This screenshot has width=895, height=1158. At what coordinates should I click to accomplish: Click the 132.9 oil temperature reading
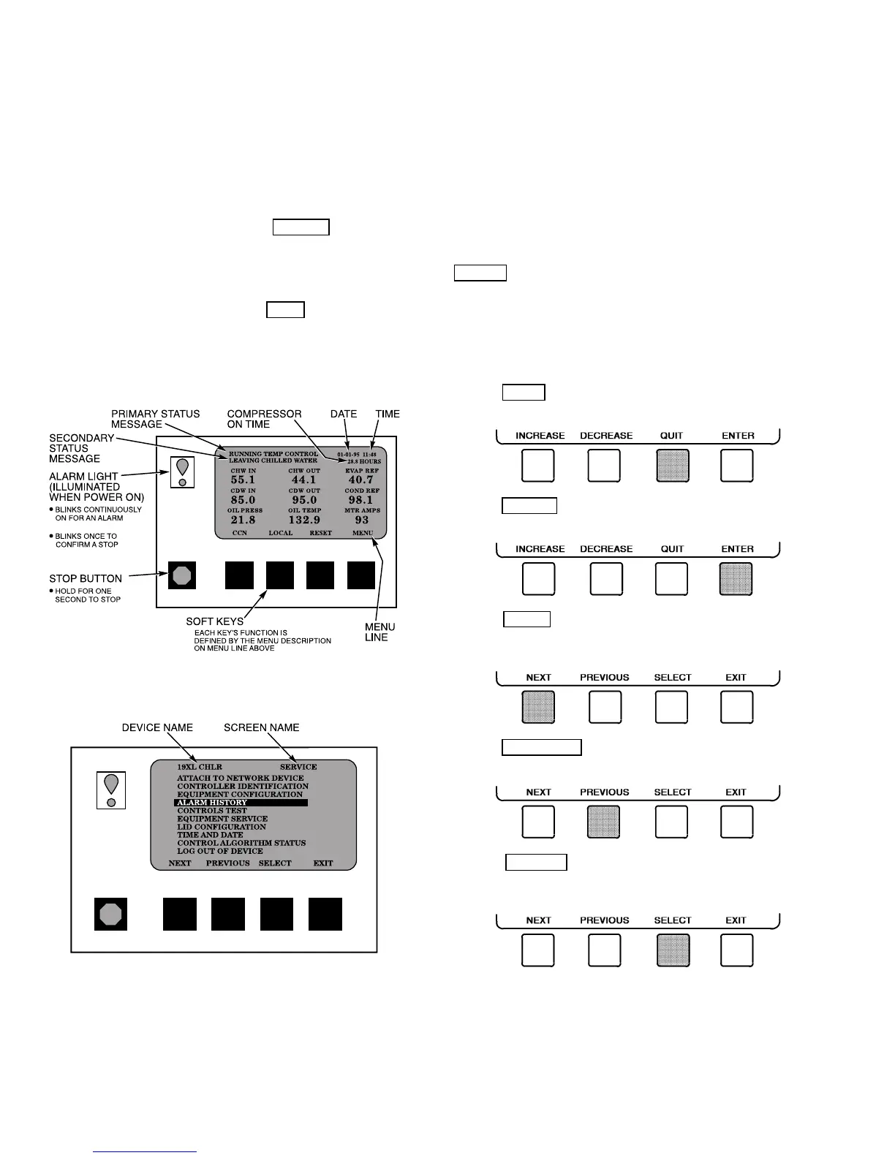304,520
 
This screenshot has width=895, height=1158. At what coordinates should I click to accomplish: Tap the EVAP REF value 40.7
361,480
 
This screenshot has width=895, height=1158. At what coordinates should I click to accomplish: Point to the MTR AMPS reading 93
362,520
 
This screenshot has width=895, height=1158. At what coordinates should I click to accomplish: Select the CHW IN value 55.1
243,480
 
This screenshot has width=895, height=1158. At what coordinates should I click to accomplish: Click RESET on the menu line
320,533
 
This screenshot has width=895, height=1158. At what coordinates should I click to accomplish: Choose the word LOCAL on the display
280,533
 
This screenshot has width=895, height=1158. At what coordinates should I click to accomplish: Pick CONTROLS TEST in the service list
212,811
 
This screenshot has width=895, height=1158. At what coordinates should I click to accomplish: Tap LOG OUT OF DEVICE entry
219,851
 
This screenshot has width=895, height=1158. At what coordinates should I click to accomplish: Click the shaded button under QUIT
673,466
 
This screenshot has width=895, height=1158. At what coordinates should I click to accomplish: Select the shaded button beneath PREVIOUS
604,822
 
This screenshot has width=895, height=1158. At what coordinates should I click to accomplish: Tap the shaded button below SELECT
673,950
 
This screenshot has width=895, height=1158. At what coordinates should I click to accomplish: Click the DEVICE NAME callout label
157,727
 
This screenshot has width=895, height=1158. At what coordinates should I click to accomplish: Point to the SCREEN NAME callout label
261,727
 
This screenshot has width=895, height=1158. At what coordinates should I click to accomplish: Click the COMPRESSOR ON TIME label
264,419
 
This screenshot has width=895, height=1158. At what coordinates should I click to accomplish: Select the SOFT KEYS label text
214,621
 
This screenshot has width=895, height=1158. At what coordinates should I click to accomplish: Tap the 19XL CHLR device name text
199,767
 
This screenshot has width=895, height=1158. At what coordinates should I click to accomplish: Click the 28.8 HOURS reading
363,461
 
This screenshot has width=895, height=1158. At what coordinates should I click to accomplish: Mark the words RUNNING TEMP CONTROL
273,454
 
